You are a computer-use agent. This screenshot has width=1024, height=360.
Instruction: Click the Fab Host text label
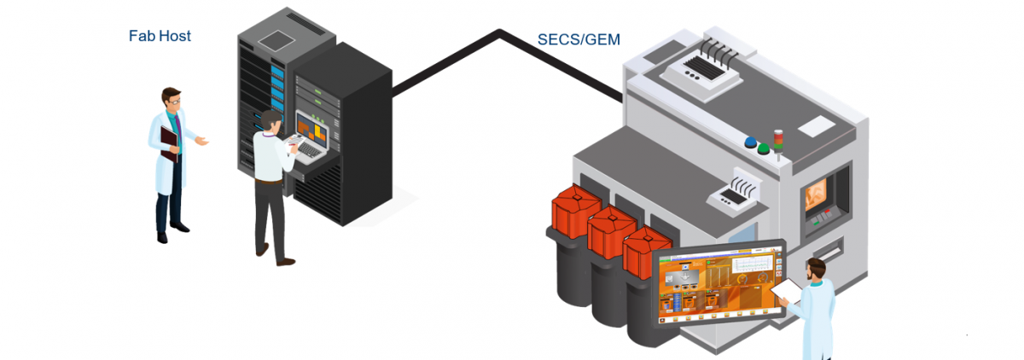point(160,36)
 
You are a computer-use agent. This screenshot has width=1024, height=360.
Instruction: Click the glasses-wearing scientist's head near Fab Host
point(172,98)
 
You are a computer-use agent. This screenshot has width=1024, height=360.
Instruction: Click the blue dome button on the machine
point(751,143)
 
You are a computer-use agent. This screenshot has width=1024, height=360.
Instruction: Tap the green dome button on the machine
point(764,148)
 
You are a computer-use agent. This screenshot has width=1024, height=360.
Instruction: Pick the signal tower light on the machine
point(777,140)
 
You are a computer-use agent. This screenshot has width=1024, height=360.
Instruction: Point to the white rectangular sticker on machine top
point(816,125)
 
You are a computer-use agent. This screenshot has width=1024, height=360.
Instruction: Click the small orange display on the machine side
point(821,192)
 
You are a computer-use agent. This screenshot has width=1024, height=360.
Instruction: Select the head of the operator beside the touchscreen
point(816,270)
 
